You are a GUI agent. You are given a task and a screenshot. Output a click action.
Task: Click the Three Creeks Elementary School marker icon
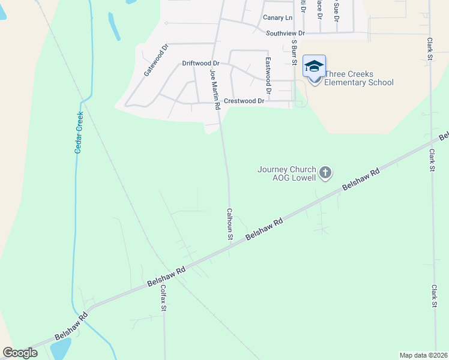(x=314, y=67)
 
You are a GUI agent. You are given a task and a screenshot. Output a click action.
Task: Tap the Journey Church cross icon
(x=325, y=173)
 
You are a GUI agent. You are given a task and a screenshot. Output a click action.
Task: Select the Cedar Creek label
(x=78, y=132)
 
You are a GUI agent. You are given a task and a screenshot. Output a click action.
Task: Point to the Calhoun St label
(x=229, y=224)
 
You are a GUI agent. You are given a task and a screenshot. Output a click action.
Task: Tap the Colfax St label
(x=162, y=298)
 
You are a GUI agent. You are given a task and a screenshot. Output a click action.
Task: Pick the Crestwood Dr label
(x=244, y=101)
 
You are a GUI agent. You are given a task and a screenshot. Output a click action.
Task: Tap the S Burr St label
(x=295, y=52)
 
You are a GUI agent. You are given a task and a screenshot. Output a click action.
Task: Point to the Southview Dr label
(x=286, y=33)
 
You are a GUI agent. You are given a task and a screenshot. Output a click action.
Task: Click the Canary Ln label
(x=277, y=18)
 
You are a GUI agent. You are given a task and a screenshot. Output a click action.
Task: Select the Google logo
(x=20, y=353)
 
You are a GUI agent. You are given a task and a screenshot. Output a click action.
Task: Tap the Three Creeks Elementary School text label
(x=359, y=79)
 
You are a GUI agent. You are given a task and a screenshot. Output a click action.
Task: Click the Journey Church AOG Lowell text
(x=287, y=173)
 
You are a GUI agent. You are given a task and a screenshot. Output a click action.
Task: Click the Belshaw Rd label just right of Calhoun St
(x=264, y=231)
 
